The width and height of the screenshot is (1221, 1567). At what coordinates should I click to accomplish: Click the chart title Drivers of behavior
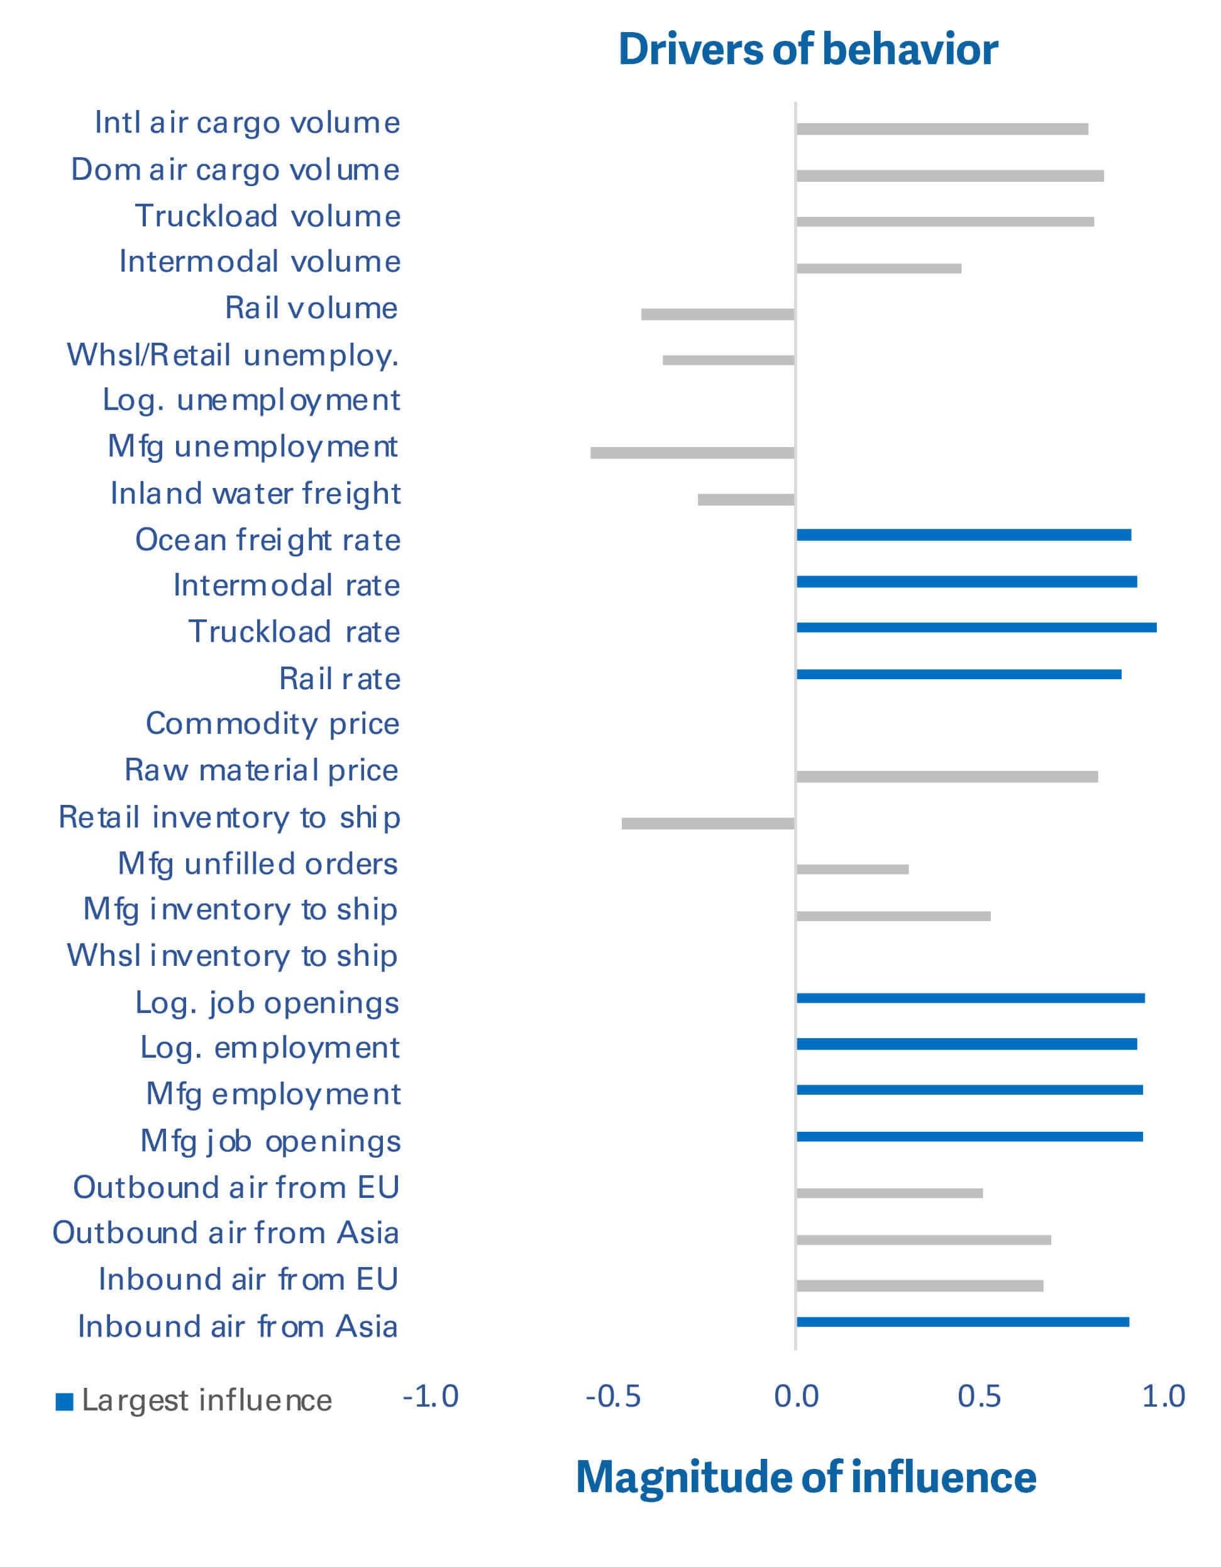(808, 50)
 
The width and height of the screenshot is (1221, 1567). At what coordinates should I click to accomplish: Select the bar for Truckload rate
(976, 628)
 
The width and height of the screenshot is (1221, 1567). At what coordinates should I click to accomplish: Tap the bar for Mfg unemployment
(692, 453)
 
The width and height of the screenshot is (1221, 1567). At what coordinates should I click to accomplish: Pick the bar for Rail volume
(717, 314)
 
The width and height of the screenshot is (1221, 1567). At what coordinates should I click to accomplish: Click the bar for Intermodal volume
(879, 269)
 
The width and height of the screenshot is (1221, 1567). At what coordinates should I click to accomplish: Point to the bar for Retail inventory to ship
(708, 824)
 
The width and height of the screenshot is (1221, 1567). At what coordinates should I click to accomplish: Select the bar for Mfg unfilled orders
(853, 870)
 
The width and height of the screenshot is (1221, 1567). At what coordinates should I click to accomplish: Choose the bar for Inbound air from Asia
(963, 1322)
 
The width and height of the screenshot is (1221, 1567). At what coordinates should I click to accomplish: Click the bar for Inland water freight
(746, 499)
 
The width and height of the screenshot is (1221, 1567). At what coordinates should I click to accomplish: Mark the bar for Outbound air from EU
(890, 1193)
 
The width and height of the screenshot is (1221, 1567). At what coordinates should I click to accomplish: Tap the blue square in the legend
(65, 1401)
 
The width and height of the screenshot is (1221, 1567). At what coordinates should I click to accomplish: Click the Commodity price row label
(273, 724)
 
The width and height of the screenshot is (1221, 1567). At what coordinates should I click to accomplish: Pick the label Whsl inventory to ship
(233, 956)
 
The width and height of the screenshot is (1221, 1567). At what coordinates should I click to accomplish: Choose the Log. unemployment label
(251, 401)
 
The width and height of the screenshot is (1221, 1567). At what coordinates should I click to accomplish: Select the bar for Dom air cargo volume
(950, 176)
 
